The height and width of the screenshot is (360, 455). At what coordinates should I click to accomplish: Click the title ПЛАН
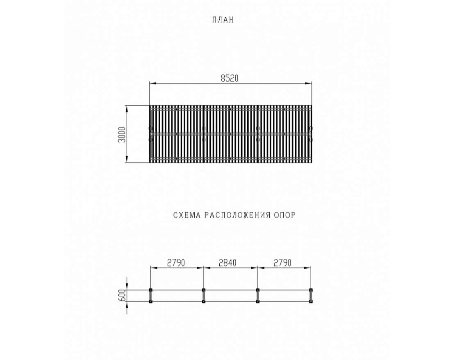coord(223,20)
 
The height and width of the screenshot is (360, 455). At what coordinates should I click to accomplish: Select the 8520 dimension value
coord(230,78)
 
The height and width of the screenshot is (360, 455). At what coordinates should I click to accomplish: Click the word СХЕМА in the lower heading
coord(187,215)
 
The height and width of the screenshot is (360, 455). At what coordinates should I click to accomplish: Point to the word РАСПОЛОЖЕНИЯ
coord(237,215)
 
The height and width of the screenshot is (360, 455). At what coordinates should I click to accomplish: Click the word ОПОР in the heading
coord(284,215)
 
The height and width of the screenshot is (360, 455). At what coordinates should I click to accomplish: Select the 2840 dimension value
coord(227,263)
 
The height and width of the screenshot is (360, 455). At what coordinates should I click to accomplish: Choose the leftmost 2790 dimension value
coord(176,263)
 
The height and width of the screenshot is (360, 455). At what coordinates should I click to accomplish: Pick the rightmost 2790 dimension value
coord(282,263)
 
